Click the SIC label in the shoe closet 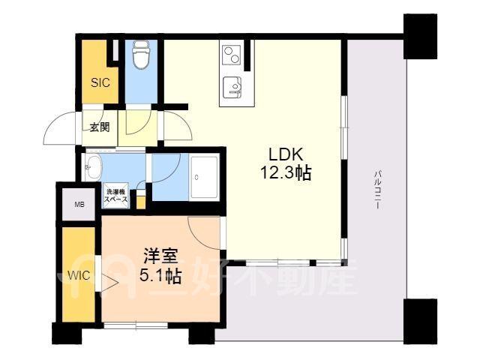(x=100, y=82)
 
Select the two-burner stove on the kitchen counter (x=232, y=55)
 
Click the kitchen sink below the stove (x=232, y=87)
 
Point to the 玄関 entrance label (x=100, y=127)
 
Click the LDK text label (x=286, y=154)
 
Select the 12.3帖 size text (x=286, y=173)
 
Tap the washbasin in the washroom (x=93, y=166)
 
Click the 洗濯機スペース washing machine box (x=116, y=196)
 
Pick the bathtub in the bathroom (x=205, y=177)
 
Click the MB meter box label (x=79, y=205)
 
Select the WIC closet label (x=79, y=275)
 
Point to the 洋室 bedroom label (x=160, y=256)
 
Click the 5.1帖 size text (x=160, y=277)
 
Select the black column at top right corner (x=420, y=36)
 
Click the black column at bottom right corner (x=420, y=322)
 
